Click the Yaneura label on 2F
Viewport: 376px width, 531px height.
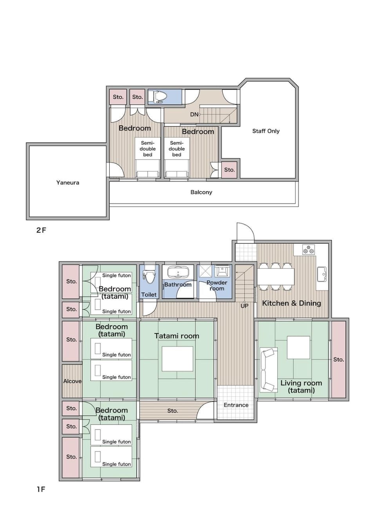coord(67,183)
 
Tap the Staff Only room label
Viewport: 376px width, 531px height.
coord(266,131)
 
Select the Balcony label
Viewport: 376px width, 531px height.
coord(201,192)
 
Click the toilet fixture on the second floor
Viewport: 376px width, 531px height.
coord(159,97)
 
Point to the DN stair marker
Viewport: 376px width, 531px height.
coord(194,114)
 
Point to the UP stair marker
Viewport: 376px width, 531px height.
coord(244,306)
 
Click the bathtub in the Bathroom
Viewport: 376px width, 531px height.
coord(178,272)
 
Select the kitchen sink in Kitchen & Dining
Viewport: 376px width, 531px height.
coord(322,274)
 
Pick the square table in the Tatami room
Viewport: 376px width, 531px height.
coord(177,359)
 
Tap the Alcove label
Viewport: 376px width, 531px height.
coord(72,381)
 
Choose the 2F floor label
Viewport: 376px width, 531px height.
coord(41,230)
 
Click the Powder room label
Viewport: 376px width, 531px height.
coord(217,285)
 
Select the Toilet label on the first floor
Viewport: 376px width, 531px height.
coord(149,295)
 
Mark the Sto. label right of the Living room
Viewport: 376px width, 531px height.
coord(338,359)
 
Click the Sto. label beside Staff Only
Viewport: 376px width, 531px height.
coord(230,170)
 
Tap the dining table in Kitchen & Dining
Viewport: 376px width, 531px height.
coord(276,276)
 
